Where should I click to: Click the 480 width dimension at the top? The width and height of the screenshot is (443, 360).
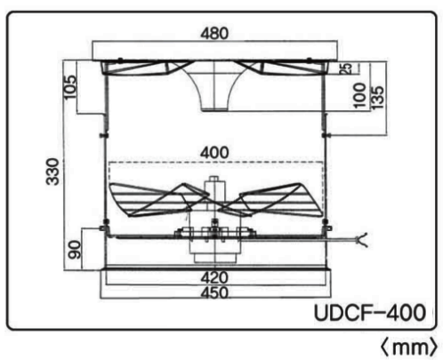214,33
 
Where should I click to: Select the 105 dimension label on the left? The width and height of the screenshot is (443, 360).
70,87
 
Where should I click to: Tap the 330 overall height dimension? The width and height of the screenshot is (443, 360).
52,172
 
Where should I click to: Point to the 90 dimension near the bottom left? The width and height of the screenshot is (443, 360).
74,250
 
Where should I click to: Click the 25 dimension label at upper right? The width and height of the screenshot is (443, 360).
345,68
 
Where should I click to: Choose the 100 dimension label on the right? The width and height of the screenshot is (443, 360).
359,95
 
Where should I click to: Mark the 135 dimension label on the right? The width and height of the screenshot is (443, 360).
377,98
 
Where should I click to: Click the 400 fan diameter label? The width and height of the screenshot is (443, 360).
214,153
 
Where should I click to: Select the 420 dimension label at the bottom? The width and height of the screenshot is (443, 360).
214,277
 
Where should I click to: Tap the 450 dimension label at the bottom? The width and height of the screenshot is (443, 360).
214,292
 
